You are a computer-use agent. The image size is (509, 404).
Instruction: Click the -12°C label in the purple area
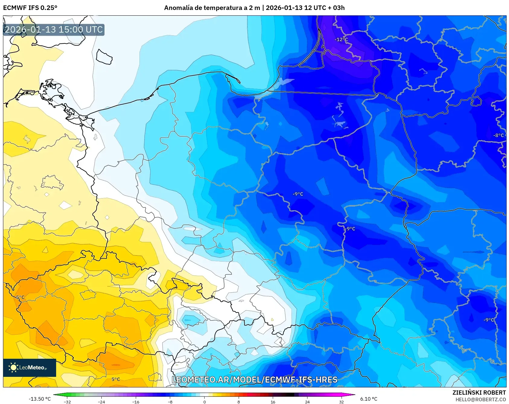(341, 40)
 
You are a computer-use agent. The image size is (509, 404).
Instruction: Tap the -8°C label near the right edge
(498, 135)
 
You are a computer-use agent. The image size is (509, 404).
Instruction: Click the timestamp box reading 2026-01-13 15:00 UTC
(54, 30)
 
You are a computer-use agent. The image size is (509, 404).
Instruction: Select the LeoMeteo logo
(30, 367)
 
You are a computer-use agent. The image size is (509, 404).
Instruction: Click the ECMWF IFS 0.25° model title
(30, 8)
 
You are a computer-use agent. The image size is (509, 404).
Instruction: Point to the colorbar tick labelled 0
(205, 402)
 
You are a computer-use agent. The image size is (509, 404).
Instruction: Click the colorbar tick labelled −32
(67, 402)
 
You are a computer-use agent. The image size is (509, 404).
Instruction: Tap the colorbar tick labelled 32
(341, 402)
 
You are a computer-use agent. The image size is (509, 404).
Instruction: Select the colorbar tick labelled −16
(136, 402)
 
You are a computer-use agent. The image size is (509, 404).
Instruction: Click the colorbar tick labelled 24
(307, 402)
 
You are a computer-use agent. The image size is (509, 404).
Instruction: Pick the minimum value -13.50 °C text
(40, 399)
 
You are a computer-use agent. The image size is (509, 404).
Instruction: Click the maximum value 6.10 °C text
(369, 399)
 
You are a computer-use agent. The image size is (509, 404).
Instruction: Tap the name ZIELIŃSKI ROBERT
(479, 393)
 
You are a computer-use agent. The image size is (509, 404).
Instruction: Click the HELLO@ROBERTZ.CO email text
(480, 399)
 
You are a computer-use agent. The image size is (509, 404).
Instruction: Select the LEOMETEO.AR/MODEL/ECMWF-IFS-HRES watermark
(254, 380)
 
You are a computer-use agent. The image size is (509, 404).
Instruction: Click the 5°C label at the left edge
(20, 297)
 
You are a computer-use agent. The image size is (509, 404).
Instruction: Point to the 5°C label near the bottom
(116, 379)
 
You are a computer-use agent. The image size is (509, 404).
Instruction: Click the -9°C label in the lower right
(489, 320)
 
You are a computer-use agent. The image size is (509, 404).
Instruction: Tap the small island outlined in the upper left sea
(104, 57)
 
